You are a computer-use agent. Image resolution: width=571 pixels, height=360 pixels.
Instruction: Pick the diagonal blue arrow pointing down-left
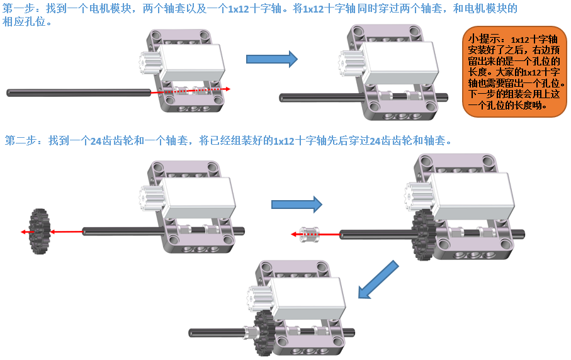point(378,279)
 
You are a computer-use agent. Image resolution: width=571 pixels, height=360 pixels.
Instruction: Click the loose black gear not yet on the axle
point(40,232)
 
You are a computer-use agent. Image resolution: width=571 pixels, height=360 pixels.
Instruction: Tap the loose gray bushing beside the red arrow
point(310,233)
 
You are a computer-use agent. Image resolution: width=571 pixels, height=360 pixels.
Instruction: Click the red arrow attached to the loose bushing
point(295,234)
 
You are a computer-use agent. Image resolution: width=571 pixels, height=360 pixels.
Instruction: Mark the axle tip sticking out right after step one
point(443,97)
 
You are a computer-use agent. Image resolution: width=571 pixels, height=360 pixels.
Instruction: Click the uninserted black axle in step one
point(76,93)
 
